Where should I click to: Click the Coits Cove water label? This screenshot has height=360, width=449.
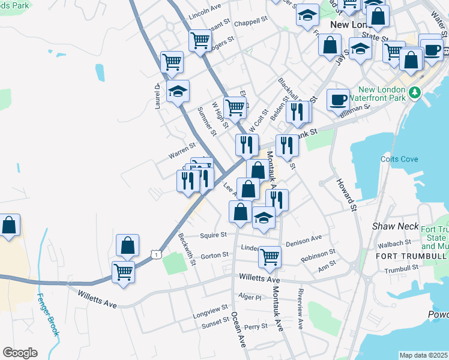[x=398, y=159]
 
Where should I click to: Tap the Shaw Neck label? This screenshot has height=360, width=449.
[x=391, y=226]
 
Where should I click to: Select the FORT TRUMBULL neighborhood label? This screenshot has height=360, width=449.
[x=411, y=256]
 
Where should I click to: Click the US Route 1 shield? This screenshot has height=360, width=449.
[x=156, y=256]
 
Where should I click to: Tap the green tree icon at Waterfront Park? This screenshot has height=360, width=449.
[x=414, y=92]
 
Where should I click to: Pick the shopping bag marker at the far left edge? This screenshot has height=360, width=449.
[x=9, y=226]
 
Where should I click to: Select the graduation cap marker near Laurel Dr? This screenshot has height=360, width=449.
[x=178, y=91]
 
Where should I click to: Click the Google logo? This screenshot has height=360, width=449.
[x=20, y=352]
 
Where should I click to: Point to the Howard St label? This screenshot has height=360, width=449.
[x=347, y=194]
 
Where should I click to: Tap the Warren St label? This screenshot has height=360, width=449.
[x=182, y=151]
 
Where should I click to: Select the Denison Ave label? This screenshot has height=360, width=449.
[x=304, y=242]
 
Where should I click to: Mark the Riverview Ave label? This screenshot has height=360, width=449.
[x=300, y=308]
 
